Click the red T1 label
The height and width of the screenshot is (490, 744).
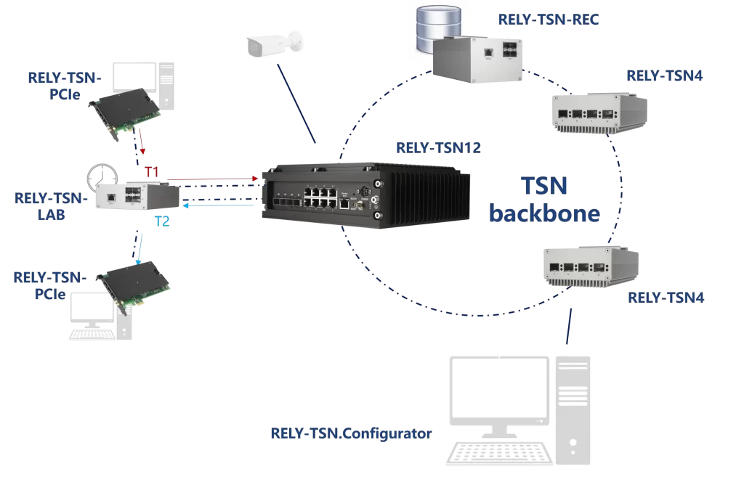[x=151, y=172]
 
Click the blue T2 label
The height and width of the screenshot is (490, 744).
[x=161, y=221]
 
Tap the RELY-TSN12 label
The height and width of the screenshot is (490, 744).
[x=438, y=148]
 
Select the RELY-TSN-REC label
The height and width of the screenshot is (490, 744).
[x=549, y=20]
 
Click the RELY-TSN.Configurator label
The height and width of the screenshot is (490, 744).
[x=351, y=433]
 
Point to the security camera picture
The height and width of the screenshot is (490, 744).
[x=273, y=46]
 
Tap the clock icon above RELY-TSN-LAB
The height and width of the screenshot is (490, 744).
[x=102, y=179]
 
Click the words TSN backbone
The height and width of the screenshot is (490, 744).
[x=544, y=200]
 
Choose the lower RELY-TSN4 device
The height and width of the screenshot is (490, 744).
[x=591, y=264]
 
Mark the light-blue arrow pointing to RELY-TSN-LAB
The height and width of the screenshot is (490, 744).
[x=218, y=206]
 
